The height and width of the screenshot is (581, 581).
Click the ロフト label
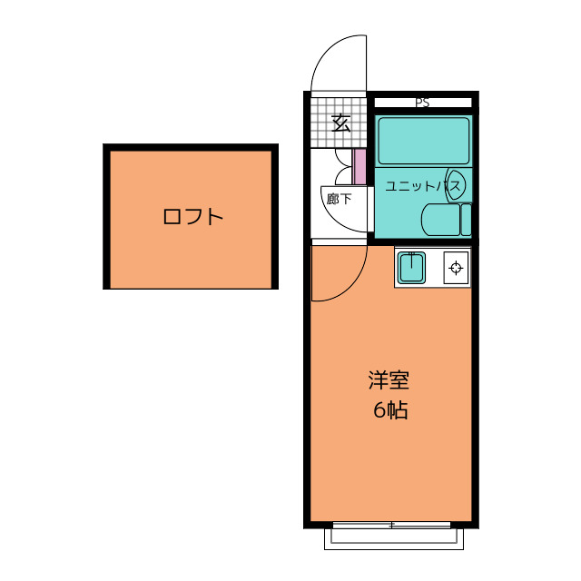192,217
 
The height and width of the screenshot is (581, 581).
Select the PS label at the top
422,103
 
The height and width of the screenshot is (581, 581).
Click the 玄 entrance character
340,123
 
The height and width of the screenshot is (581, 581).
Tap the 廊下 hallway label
339,199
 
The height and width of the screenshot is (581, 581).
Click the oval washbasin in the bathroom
456,184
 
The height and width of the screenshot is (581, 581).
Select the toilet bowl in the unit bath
441,220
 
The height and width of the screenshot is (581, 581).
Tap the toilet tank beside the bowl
467,220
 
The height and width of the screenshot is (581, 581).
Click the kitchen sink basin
413,269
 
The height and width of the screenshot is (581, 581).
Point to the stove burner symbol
455,268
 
